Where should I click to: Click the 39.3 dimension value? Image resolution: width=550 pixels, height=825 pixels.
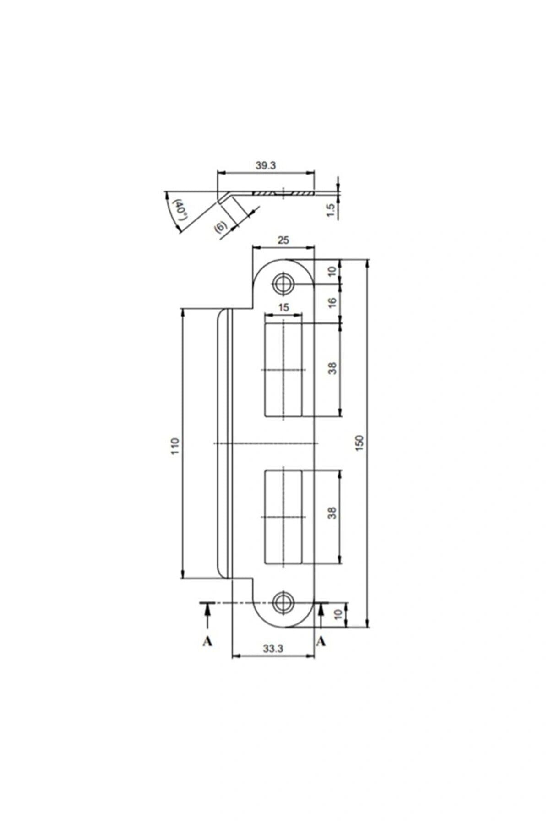coord(266,165)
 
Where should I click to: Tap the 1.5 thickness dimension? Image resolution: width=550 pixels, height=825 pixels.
coord(332,210)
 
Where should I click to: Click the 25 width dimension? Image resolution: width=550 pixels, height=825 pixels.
coord(283,240)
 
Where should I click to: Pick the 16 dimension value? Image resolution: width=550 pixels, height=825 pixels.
coord(332,302)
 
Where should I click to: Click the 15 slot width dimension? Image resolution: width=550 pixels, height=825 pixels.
coord(283,307)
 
